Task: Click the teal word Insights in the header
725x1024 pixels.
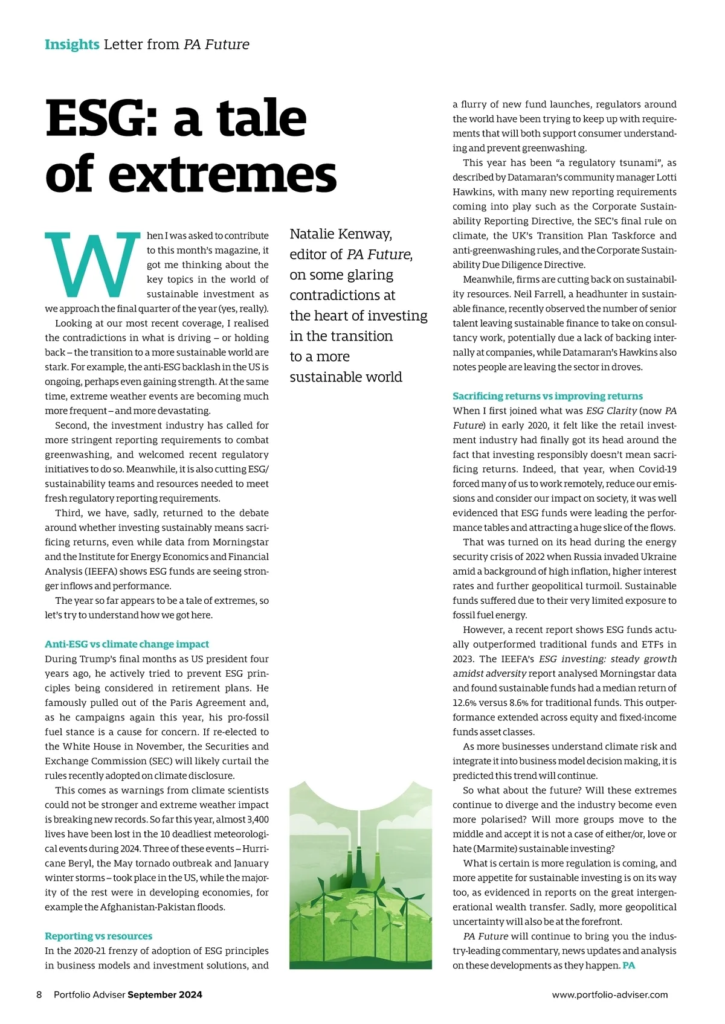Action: point(72,45)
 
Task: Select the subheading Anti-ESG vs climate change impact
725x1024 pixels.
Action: point(127,644)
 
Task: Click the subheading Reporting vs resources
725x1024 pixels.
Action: point(98,936)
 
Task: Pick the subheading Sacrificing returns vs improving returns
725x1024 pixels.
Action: point(547,396)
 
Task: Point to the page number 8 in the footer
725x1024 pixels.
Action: point(39,995)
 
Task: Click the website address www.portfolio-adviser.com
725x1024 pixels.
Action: point(610,995)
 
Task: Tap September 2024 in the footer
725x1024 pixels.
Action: point(165,995)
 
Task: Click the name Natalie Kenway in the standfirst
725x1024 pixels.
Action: point(341,234)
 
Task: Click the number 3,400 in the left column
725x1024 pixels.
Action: point(258,819)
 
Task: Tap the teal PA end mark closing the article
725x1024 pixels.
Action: point(629,965)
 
